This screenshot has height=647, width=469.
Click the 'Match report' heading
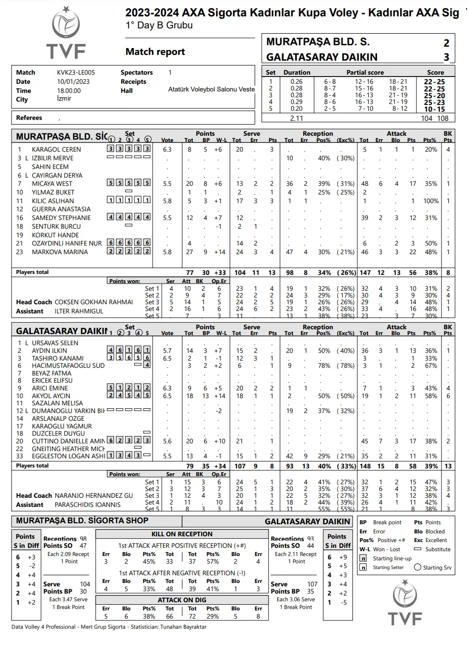pos(155,52)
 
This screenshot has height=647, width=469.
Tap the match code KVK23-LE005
pos(76,72)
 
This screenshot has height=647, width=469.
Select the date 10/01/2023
pos(73,81)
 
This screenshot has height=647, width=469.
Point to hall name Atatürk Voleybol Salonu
pos(211,89)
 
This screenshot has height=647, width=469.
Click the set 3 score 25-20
pos(434,95)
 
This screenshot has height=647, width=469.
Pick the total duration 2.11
pos(297,118)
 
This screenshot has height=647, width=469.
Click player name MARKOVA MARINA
pos(60,252)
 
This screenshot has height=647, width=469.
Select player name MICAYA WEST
pos(52,183)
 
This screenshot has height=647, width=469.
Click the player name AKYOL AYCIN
pos(51,396)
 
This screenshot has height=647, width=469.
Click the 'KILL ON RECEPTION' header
pos(182,534)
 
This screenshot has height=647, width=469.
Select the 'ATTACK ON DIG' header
pos(182,600)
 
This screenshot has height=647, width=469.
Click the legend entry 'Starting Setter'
pos(388,567)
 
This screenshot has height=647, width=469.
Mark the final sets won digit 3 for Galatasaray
pos(446,57)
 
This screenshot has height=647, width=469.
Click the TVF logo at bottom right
pos(404,603)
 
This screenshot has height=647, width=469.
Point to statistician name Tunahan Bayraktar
pos(183,627)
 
